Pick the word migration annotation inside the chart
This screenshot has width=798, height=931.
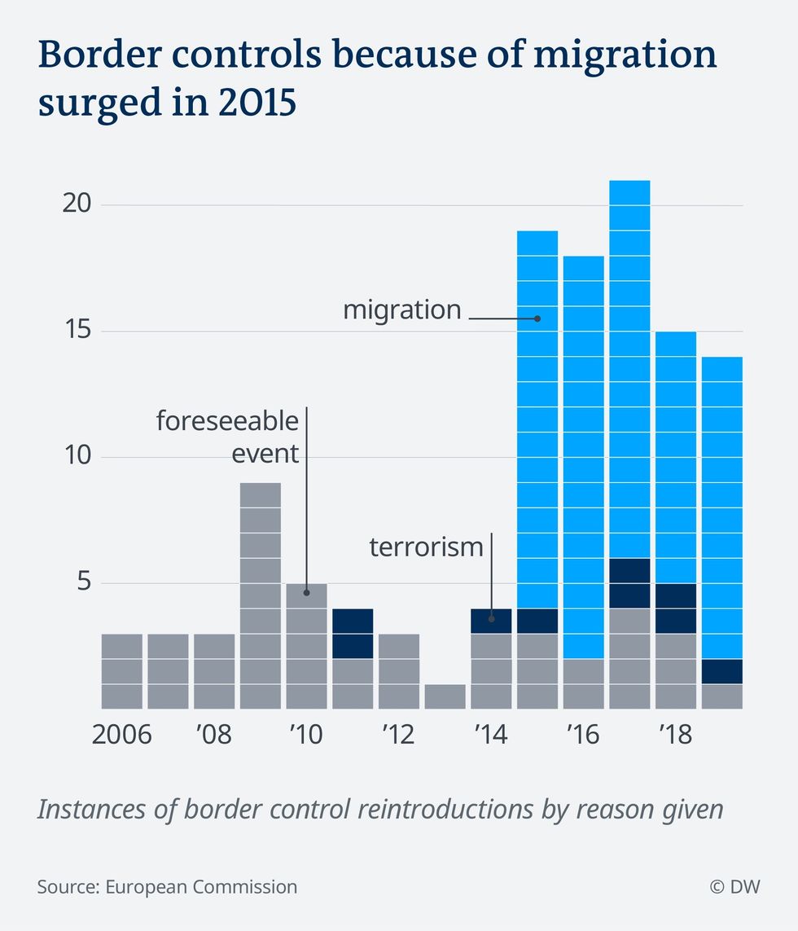pos(402,310)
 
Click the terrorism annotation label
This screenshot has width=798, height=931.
pos(427,546)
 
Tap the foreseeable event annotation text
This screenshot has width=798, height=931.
pos(228,437)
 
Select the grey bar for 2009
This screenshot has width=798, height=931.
pos(261,595)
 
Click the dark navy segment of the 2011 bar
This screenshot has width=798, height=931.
pos(353,634)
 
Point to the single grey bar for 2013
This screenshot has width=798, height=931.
pos(445,696)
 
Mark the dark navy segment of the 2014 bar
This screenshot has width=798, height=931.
pos(492,621)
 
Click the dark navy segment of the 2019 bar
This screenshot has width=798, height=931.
pos(722,672)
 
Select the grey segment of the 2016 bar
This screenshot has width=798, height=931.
pos(584,683)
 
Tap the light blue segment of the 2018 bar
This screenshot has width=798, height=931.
pos(676,457)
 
